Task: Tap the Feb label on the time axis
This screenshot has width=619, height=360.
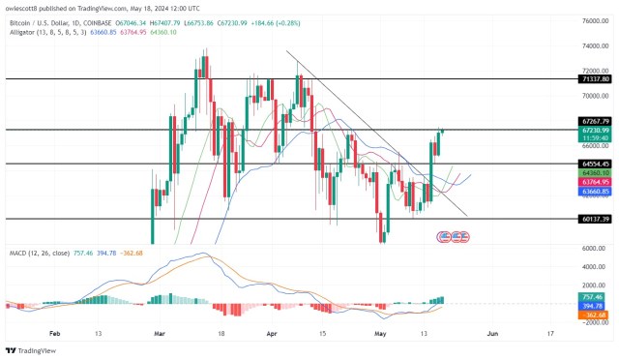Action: pyautogui.click(x=54, y=332)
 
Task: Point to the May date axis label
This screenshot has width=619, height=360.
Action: pyautogui.click(x=380, y=332)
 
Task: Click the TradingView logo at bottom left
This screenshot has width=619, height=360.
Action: pyautogui.click(x=29, y=350)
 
